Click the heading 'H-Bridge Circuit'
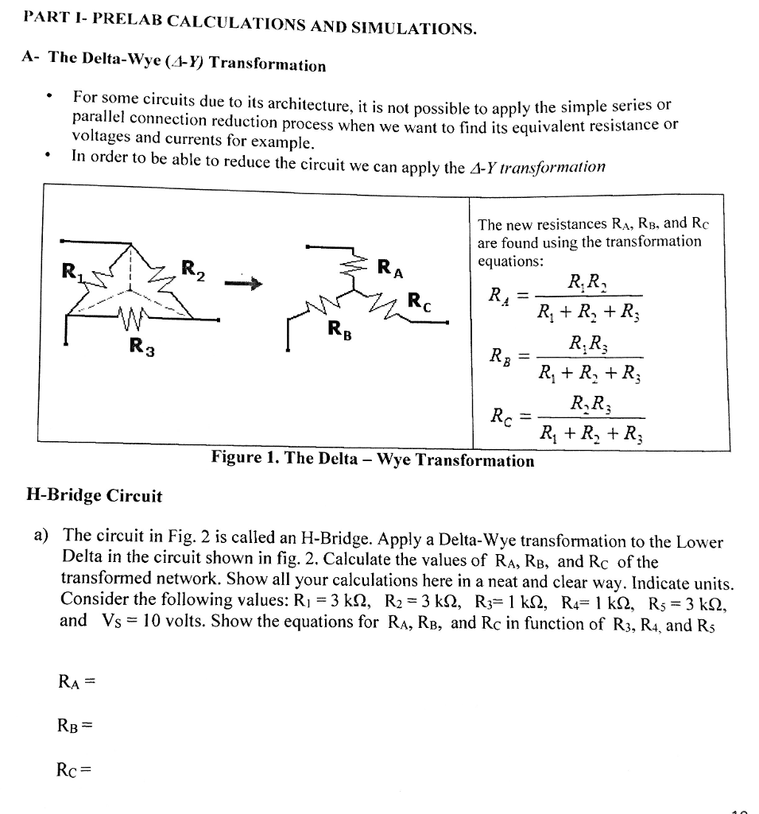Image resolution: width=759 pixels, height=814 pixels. pyautogui.click(x=94, y=497)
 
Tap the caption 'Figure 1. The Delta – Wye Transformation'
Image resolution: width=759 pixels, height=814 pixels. pyautogui.click(x=372, y=460)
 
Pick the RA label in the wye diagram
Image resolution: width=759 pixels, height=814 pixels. pyautogui.click(x=390, y=268)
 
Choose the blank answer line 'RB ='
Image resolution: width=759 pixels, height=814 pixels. pyautogui.click(x=76, y=725)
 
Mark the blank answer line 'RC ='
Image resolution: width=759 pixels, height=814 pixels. pyautogui.click(x=76, y=769)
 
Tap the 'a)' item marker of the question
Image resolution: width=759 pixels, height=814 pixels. pyautogui.click(x=42, y=533)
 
